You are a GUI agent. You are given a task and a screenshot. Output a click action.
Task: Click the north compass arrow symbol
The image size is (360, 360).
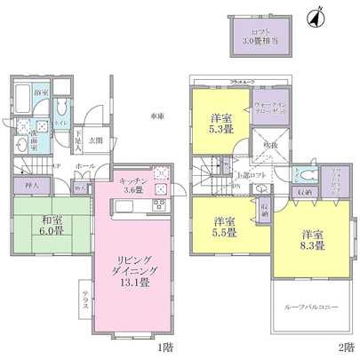[x=312, y=17]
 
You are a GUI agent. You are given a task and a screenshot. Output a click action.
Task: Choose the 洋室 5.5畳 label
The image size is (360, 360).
[x=223, y=227]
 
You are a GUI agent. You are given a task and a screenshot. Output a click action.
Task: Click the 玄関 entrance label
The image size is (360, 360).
[x=96, y=140]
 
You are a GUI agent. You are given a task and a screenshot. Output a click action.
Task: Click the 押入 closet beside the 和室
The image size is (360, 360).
[x=20, y=186]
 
